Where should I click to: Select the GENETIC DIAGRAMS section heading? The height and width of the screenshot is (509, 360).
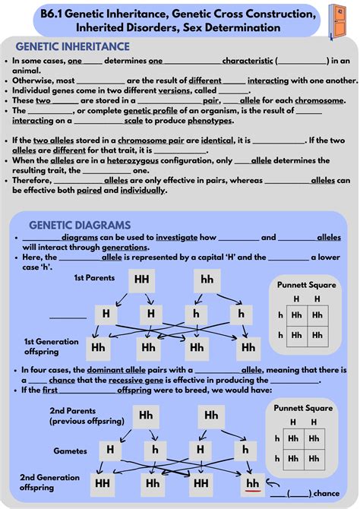[79, 225]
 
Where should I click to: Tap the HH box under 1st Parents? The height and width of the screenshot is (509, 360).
[142, 280]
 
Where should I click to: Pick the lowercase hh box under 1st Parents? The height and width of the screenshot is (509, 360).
[207, 280]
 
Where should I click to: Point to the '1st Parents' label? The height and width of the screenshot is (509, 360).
[94, 279]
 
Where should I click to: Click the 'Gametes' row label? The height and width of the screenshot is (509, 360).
[70, 451]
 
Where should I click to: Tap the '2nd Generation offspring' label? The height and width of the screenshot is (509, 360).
[49, 482]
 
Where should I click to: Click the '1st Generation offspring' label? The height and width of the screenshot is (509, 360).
[52, 346]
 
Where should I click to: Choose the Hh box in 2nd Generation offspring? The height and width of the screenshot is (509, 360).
[153, 483]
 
